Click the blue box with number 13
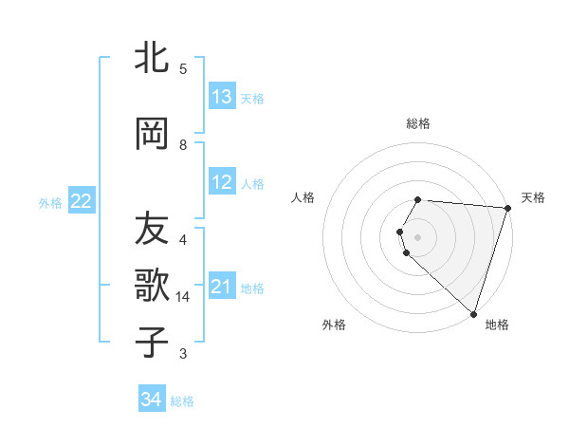point(222,97)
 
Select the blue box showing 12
point(222,183)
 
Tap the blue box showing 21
point(222,287)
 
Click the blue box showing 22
point(82,200)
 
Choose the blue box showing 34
point(151,400)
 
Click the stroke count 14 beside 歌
point(183,297)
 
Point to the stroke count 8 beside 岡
point(183,145)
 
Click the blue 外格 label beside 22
point(50,202)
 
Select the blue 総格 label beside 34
point(182,401)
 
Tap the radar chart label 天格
point(533,197)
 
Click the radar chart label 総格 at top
point(418,123)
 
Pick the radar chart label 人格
point(303,197)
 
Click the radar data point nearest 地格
point(474,314)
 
